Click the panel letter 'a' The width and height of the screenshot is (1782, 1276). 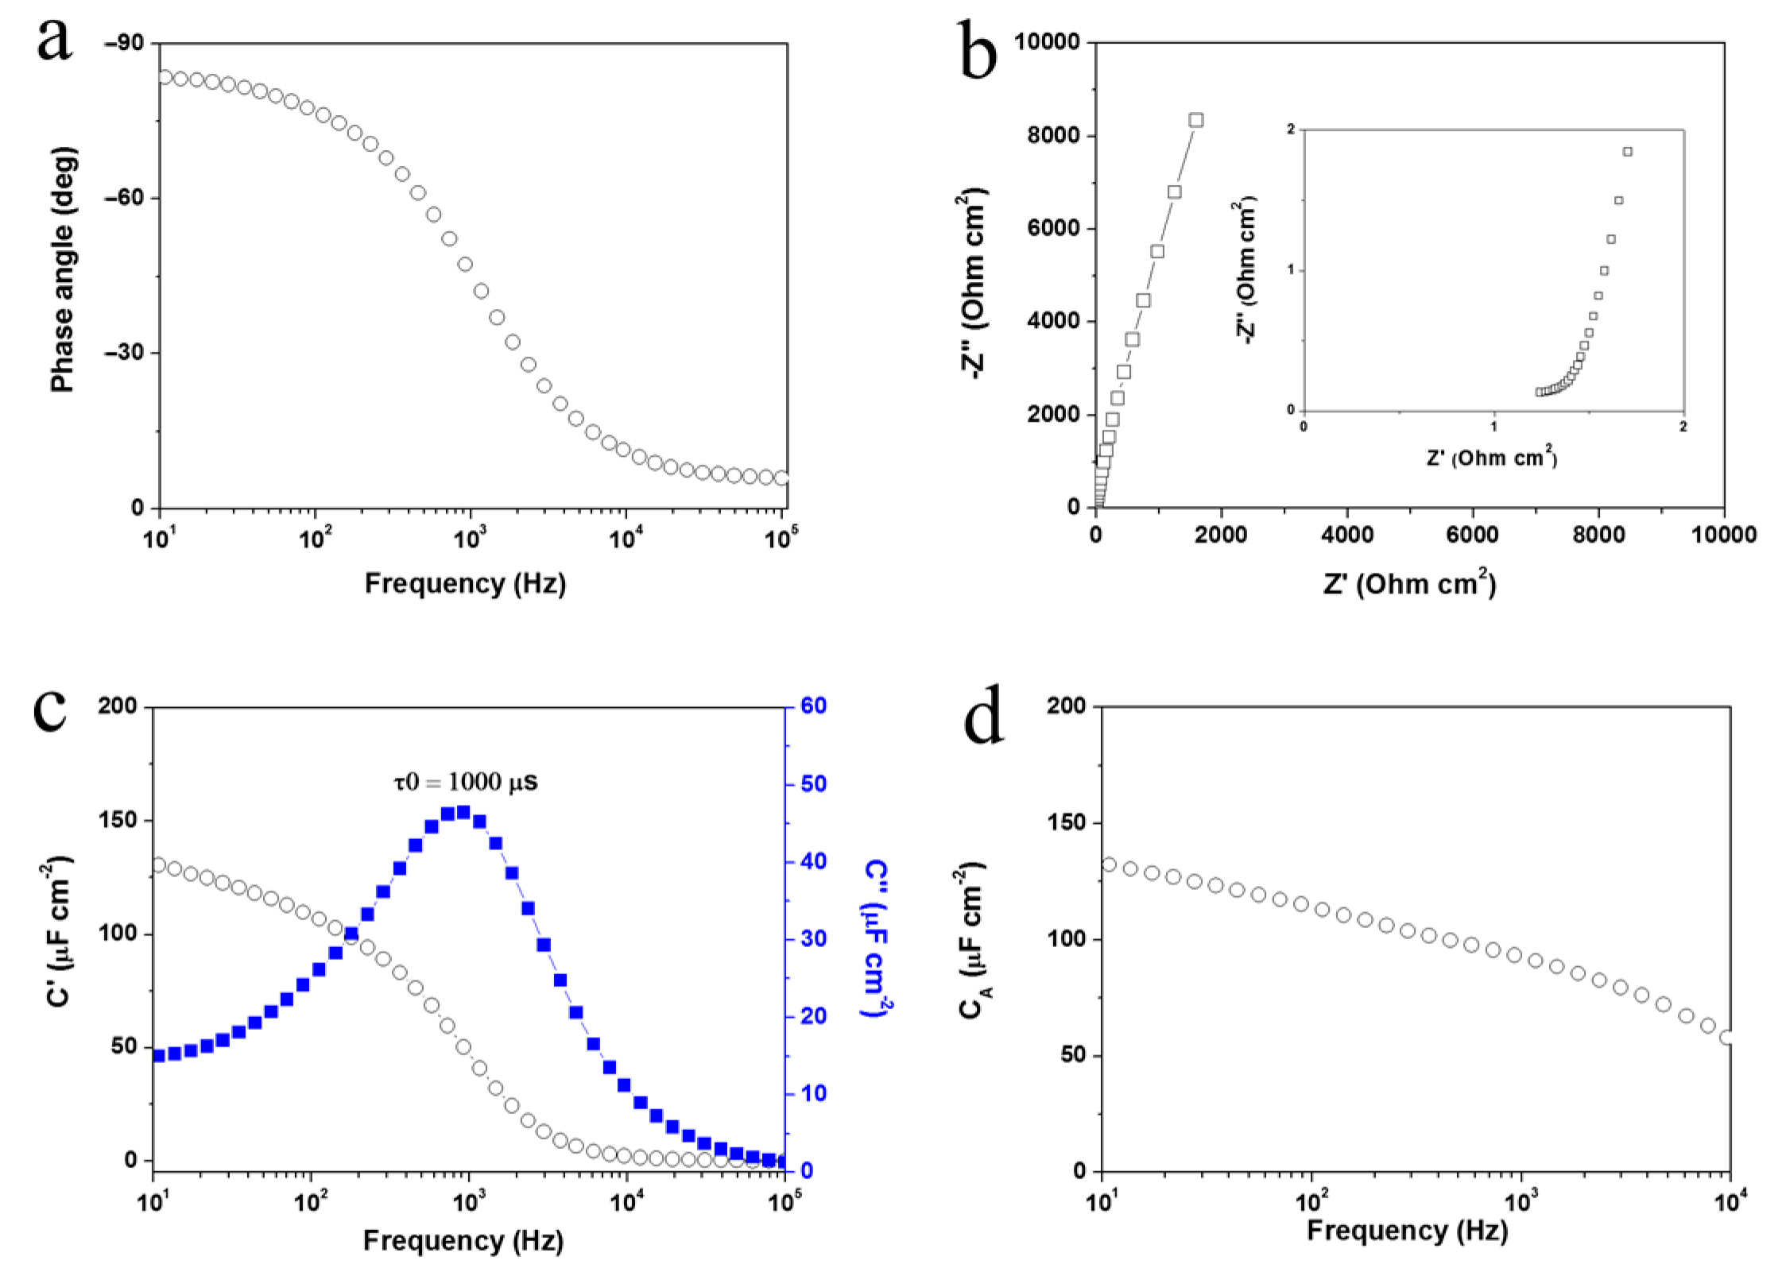(54, 40)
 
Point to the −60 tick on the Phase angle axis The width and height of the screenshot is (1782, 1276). (124, 197)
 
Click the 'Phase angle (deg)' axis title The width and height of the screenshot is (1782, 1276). (63, 270)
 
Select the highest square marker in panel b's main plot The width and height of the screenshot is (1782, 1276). (1196, 120)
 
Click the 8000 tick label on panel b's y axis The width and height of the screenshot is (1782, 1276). (1053, 135)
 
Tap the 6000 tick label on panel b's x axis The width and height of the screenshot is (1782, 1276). (1472, 535)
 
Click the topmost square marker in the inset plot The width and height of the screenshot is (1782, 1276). (1628, 152)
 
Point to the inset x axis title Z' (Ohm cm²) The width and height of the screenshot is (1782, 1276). (1491, 458)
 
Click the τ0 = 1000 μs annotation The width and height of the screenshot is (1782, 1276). (466, 783)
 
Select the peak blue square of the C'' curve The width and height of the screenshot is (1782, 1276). (463, 811)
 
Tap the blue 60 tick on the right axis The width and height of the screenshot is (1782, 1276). (813, 706)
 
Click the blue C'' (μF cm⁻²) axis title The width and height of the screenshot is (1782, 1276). (877, 938)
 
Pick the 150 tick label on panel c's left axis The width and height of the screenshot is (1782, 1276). (117, 820)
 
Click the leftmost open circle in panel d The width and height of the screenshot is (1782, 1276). (1110, 864)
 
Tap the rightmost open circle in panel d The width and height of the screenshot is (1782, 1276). (1726, 1038)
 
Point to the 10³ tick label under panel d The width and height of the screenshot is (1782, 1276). (1522, 1201)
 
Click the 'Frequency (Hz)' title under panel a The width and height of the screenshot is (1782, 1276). (465, 584)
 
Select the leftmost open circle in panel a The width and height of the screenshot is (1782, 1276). (165, 77)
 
